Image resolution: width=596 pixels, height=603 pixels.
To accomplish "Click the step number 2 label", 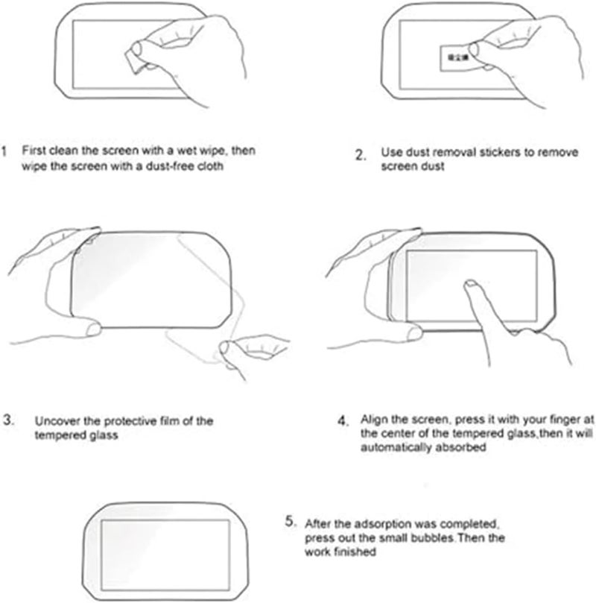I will pos(361,156).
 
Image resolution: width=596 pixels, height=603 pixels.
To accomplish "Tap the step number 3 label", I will pos(7,420).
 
